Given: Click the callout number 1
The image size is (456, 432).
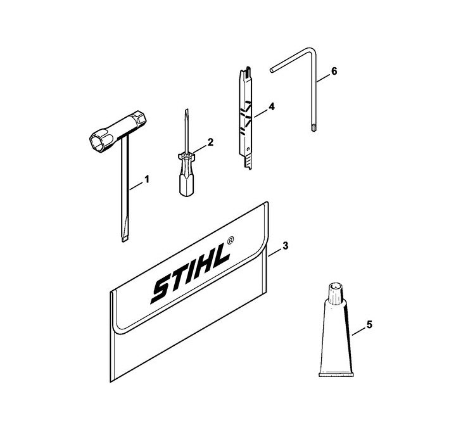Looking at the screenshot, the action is click(147, 179).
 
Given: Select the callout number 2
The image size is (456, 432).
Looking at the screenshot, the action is click(210, 143).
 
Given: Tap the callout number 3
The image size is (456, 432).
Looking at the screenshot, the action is click(285, 246).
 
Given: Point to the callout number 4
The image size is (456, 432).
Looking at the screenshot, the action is click(271, 106).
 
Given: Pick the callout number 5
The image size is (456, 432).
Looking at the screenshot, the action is click(369, 324).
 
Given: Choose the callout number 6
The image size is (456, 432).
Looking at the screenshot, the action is click(334, 71).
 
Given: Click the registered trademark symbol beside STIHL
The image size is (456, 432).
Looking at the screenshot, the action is click(230, 241).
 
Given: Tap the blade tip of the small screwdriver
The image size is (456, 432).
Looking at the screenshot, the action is click(186, 111).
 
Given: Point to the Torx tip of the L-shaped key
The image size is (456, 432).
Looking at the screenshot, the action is click(313, 128).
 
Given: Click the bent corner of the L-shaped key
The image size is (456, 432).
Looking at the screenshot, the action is click(312, 50).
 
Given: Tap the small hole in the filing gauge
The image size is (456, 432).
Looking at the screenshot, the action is click(248, 149).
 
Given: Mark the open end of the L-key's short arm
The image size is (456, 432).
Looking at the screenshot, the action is click(272, 70).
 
